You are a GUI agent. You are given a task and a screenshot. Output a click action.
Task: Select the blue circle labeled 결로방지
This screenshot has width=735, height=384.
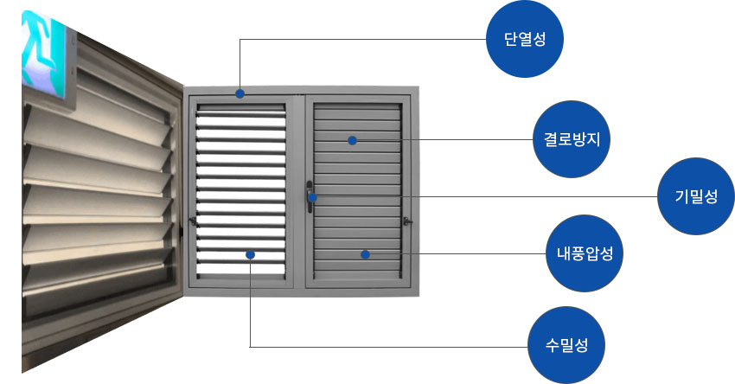572,139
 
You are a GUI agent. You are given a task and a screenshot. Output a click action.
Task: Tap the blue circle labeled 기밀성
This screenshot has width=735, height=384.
696,197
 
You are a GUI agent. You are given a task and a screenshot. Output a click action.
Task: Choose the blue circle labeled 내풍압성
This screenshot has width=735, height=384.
585,254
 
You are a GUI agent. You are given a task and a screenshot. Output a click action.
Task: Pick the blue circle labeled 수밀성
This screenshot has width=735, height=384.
567,345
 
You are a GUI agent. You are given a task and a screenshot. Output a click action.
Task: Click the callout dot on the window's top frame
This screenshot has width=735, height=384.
240,93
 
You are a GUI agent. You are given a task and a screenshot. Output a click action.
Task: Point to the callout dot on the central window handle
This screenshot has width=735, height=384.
313,198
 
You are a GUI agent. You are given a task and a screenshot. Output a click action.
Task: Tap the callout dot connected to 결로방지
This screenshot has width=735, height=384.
353,140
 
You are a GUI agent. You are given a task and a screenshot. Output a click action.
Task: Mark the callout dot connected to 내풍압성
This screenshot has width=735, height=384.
366,254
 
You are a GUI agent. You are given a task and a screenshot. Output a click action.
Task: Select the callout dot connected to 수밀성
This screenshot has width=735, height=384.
250,254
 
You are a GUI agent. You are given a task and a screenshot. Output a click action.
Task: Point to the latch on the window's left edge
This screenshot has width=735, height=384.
192,222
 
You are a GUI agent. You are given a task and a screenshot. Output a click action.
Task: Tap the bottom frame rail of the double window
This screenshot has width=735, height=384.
303,283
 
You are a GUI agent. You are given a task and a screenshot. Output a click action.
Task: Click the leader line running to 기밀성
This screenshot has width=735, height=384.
519,197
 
